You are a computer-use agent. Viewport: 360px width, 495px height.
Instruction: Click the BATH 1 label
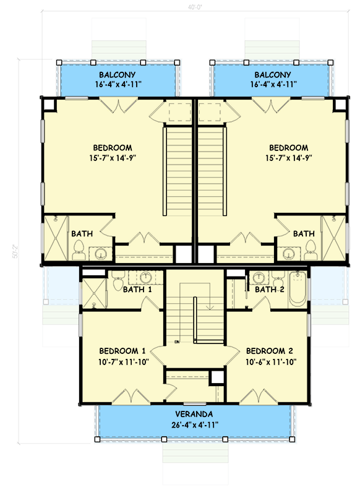pos(137,289)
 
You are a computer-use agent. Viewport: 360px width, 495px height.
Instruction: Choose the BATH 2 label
pos(269,289)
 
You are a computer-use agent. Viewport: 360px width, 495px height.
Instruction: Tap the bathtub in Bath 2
pos(297,289)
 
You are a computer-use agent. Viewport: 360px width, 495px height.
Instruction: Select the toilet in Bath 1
pos(118,284)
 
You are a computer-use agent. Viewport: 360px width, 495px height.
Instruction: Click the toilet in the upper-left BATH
pos(79,250)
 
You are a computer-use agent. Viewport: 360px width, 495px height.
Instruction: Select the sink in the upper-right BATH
pos(288,253)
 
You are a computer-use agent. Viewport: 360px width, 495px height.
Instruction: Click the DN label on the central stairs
pos(177,341)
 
